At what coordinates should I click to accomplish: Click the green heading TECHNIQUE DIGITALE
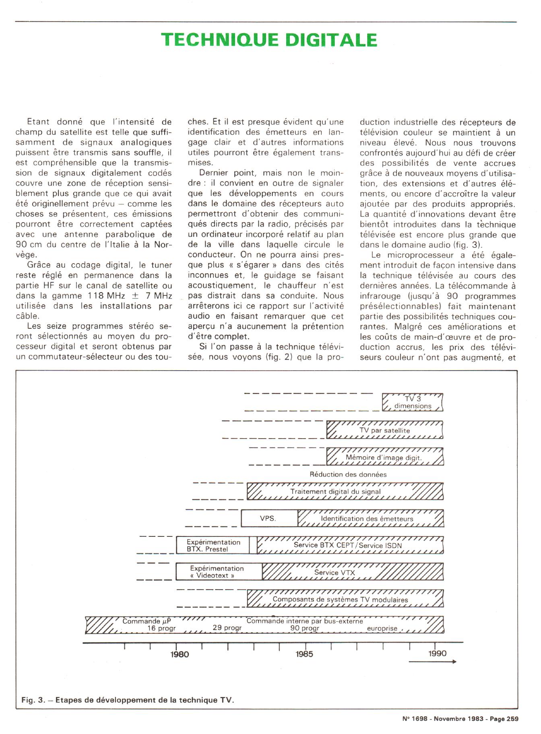pos(269,40)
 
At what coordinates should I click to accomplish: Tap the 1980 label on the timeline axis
pos(179,654)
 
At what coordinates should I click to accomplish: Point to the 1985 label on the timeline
pos(304,654)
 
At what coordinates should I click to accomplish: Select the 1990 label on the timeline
pos(437,653)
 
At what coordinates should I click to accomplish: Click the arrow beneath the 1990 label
pos(432,661)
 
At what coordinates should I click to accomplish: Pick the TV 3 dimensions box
pos(413,402)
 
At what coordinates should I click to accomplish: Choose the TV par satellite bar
pos(385,430)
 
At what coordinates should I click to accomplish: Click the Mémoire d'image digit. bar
pos(385,457)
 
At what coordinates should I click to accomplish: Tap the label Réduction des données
pos(348,474)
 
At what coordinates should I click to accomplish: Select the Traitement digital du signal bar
pos(345,491)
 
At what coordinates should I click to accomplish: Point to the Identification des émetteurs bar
pos(370,518)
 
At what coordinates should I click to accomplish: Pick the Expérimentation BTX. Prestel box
pos(213,546)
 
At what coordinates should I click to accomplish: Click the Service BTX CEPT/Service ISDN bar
pos(350,545)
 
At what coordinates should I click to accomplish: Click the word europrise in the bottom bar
pos(382,628)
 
